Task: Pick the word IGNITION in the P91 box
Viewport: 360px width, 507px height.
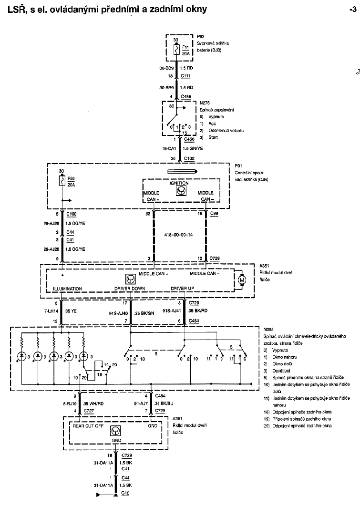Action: tap(179, 183)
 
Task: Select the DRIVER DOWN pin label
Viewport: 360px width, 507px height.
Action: tap(129, 289)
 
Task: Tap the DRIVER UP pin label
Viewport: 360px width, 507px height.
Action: tap(183, 289)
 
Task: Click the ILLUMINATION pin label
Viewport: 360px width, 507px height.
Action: tap(67, 289)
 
